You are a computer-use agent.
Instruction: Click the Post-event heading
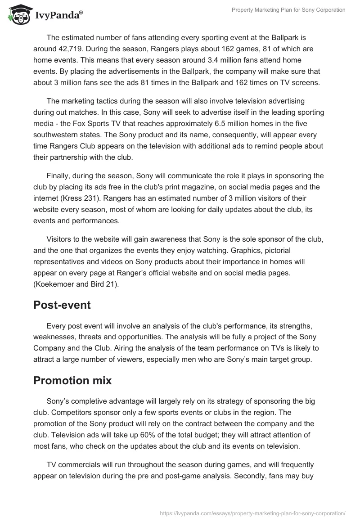[x=62, y=305]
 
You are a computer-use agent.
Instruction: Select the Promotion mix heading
[x=72, y=380]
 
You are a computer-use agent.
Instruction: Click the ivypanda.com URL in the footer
[x=252, y=513]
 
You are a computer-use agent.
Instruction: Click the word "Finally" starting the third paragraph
[x=58, y=175]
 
